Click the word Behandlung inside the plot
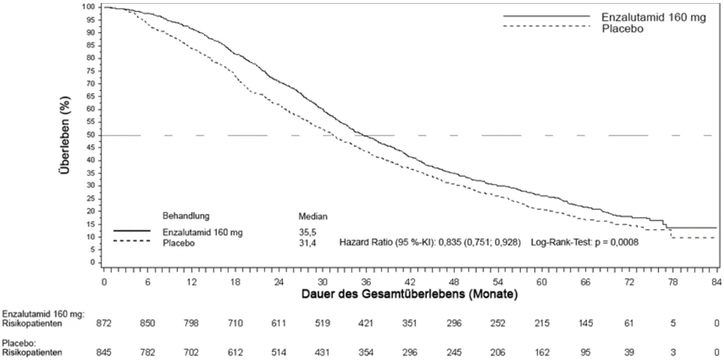(x=186, y=216)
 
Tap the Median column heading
(x=314, y=216)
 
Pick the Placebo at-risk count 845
(x=104, y=353)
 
